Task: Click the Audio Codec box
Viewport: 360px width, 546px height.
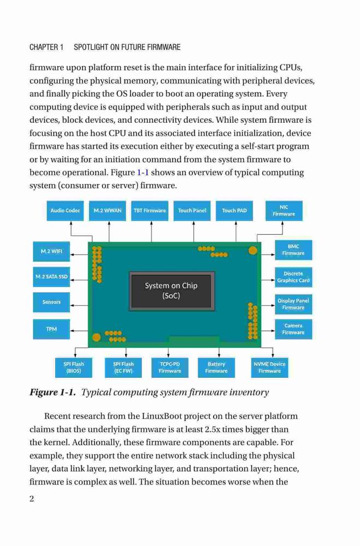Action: (65, 211)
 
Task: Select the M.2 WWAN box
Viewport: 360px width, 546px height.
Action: (107, 211)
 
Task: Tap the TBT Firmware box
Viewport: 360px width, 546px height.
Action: (150, 211)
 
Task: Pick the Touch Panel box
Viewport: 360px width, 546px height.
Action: (192, 211)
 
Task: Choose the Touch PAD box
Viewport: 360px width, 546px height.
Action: (234, 211)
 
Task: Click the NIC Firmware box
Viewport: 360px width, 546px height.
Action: (284, 211)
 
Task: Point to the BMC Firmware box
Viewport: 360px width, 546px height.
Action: (293, 250)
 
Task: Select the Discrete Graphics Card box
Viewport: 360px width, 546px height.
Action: (293, 277)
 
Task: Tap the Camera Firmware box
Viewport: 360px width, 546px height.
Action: (293, 329)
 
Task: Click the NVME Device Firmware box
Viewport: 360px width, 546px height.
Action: (270, 367)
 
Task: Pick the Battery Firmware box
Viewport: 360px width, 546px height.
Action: (216, 367)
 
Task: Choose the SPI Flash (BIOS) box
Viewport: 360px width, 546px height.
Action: (74, 367)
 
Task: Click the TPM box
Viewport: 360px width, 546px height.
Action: (51, 329)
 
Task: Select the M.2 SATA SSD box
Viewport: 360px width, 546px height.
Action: (51, 277)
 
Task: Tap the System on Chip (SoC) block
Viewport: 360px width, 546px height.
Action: (172, 291)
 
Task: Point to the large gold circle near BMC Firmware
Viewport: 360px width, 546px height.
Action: (253, 251)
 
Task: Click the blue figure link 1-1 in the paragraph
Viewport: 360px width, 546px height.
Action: (143, 173)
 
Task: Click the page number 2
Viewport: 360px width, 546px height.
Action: (32, 499)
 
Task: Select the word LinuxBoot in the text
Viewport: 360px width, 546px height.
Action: (159, 417)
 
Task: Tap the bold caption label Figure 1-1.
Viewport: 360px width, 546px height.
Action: (52, 393)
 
